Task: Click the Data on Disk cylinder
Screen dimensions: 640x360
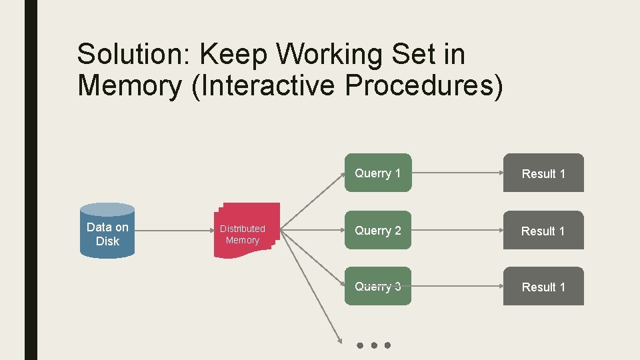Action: [x=107, y=231]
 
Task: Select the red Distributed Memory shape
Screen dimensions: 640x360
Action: [x=245, y=231]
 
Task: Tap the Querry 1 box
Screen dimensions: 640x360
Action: [x=378, y=173]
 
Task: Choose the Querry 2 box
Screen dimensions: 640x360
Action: [x=378, y=231]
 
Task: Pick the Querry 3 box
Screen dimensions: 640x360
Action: [x=378, y=287]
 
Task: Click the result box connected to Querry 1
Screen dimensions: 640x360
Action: [x=543, y=173]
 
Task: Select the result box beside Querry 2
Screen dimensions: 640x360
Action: [x=543, y=231]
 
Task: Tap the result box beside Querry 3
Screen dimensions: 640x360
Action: [x=543, y=287]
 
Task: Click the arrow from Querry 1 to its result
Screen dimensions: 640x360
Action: [x=457, y=173]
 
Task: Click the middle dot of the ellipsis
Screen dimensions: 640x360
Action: [x=373, y=345]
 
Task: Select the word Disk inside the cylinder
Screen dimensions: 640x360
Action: [x=107, y=241]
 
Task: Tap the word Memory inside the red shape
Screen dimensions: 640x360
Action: [x=243, y=240]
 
